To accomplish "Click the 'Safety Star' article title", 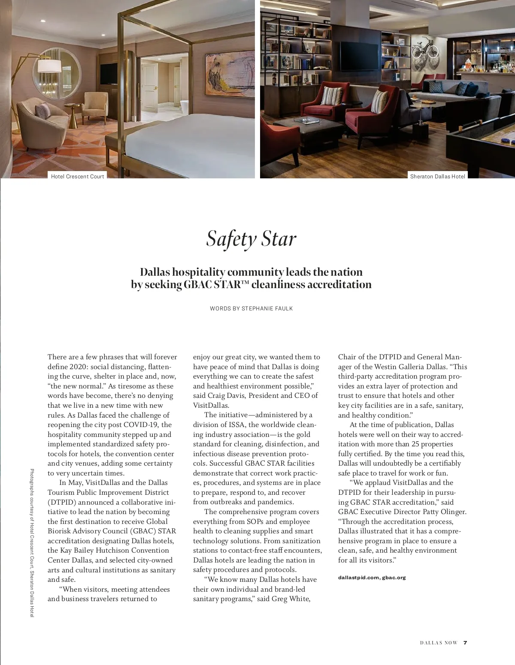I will pos(251,239).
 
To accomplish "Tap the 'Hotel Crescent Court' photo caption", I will pos(77,176).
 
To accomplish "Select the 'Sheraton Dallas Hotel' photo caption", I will pos(437,176).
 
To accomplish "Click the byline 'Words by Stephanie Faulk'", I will pos(251,308).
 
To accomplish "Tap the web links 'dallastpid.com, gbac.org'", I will pos(372,578).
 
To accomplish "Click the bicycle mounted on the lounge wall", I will pos(425,48).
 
